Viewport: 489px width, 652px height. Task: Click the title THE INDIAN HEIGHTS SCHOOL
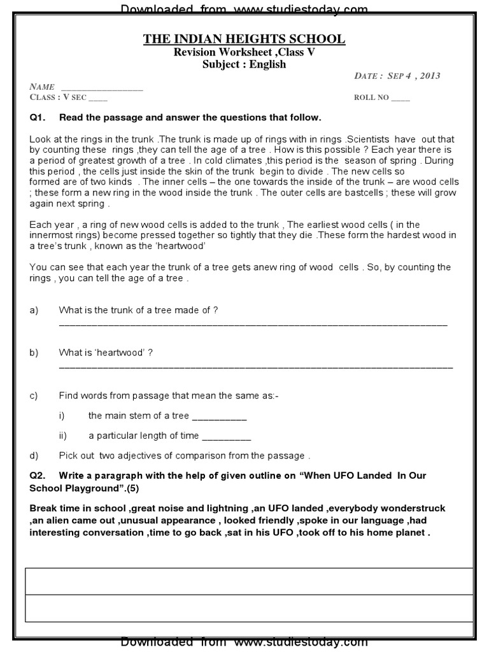(244, 39)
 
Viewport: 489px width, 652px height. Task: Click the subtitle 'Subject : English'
(244, 64)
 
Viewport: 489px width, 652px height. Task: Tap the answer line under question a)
(253, 325)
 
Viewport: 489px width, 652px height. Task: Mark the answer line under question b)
(255, 367)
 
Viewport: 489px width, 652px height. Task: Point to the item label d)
(34, 456)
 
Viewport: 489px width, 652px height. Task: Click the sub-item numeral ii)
(62, 436)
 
